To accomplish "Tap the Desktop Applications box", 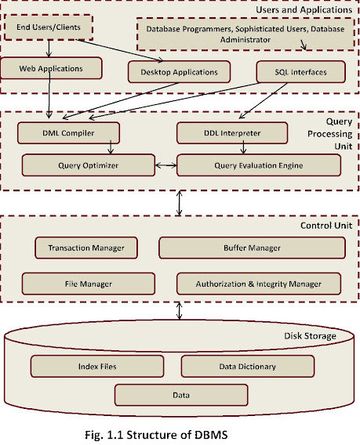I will click(180, 72).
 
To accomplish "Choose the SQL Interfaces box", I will click(302, 72).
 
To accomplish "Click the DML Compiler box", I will click(68, 133).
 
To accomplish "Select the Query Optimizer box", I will click(86, 165).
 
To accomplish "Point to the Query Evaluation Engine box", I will click(259, 165).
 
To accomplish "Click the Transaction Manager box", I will click(86, 248).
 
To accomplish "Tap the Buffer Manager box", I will click(252, 248).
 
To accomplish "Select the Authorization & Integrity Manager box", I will click(259, 283).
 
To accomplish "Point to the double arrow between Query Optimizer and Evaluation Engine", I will click(164, 166).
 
